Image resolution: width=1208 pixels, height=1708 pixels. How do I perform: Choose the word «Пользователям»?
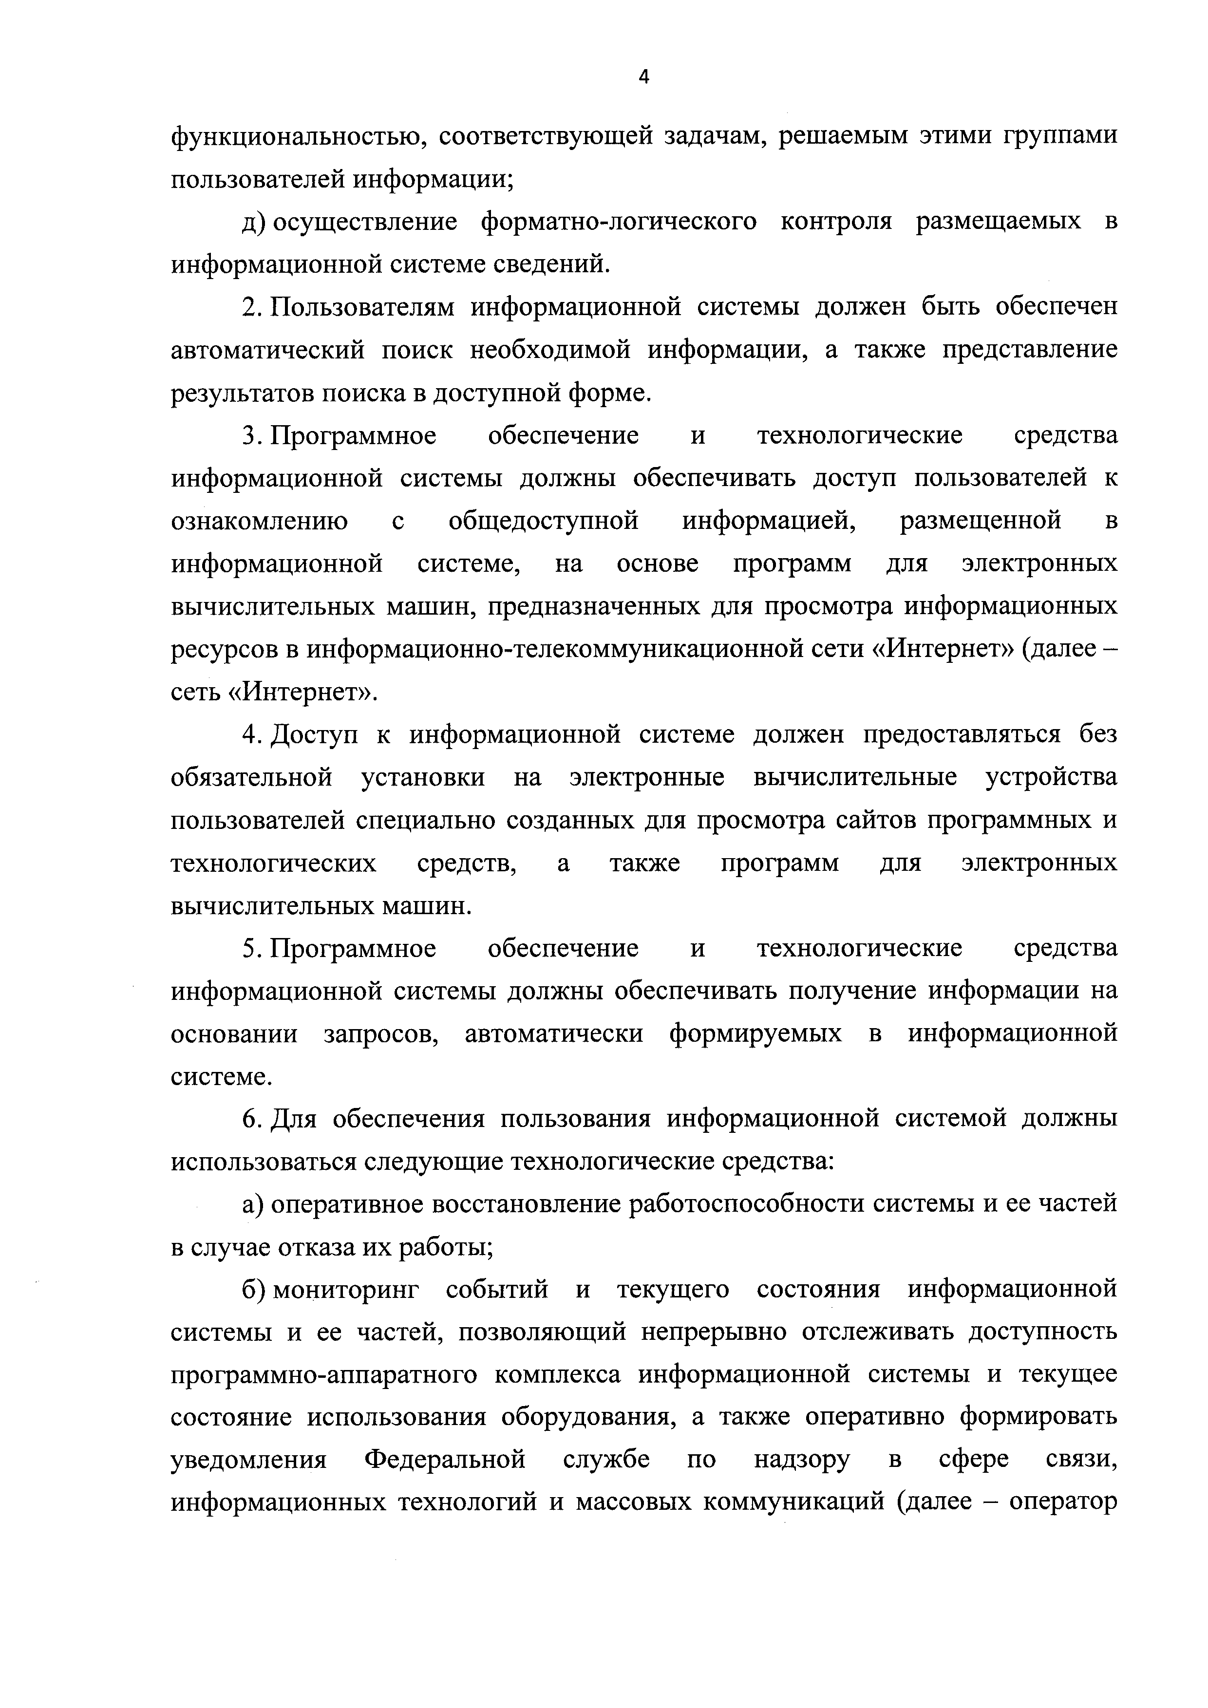point(362,308)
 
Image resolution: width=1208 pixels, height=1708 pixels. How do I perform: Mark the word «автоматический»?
point(268,350)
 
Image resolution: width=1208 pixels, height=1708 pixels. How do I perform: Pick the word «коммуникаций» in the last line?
point(793,1503)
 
